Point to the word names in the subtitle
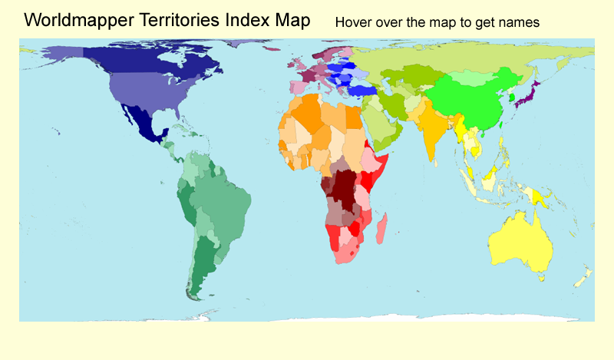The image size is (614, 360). click(521, 22)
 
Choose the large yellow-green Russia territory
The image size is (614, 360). click(460, 58)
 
